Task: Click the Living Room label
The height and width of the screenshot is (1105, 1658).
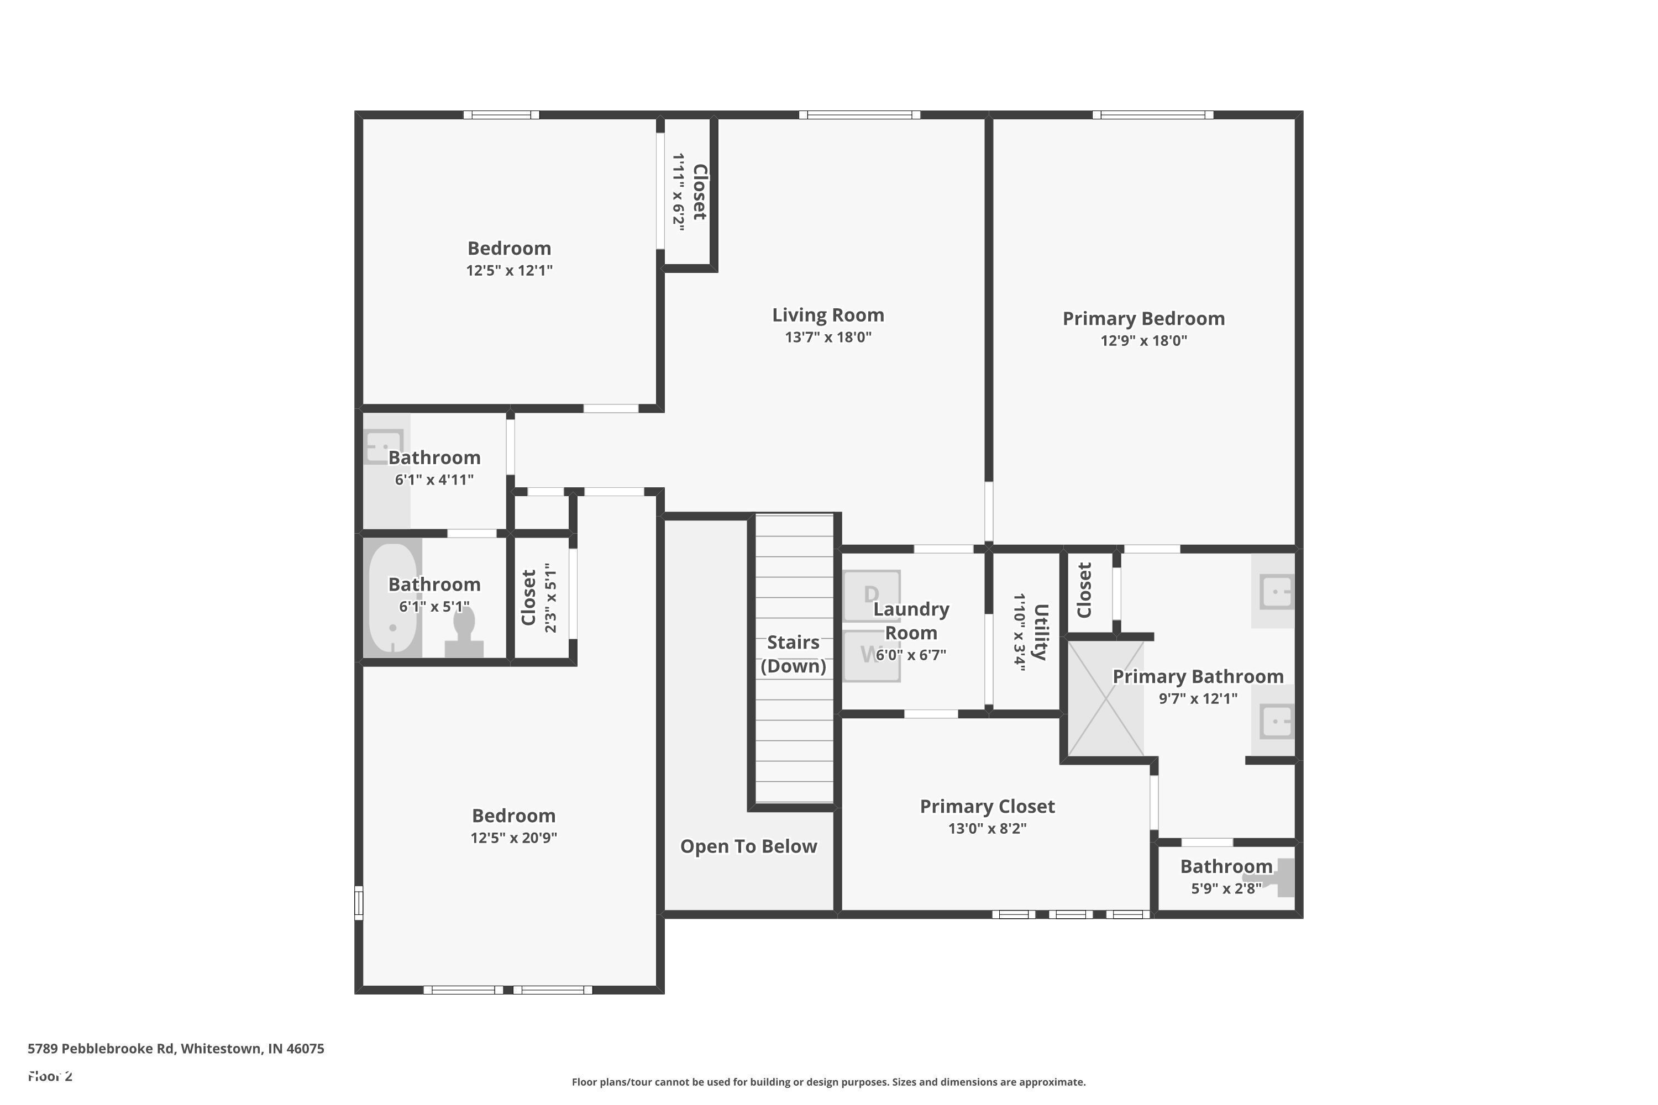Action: pyautogui.click(x=827, y=315)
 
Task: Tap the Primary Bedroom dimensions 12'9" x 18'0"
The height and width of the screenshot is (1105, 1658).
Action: pyautogui.click(x=1143, y=341)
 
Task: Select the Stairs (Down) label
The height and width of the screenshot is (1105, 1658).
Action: pyautogui.click(x=793, y=654)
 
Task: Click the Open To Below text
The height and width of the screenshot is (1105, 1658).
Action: pyautogui.click(x=748, y=846)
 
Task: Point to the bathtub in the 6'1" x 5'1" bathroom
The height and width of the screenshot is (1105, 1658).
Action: pyautogui.click(x=392, y=598)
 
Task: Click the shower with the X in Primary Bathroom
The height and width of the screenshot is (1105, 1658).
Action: pyautogui.click(x=1105, y=698)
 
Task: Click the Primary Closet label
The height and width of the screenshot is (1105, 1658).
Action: pyautogui.click(x=987, y=806)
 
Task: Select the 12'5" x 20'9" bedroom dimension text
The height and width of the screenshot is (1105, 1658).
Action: pyautogui.click(x=514, y=838)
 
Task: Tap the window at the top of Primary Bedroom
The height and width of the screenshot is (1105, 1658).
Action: pyautogui.click(x=1152, y=115)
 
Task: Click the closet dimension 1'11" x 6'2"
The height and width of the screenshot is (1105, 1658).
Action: pyautogui.click(x=678, y=192)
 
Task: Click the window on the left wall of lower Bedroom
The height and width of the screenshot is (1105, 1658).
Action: pyautogui.click(x=358, y=903)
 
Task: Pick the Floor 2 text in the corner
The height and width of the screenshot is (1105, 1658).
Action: pyautogui.click(x=50, y=1076)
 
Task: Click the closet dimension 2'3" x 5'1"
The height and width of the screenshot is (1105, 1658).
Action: pyautogui.click(x=550, y=598)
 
